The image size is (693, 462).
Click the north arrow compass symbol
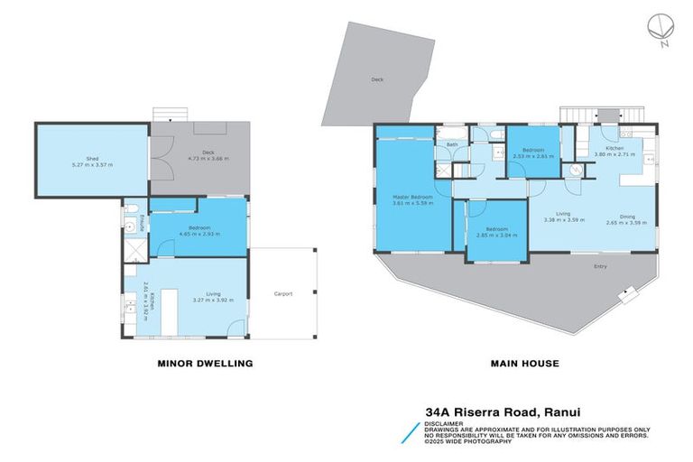660,27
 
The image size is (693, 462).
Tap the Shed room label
92,158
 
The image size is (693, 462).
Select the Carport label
283,293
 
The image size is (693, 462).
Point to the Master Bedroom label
411,197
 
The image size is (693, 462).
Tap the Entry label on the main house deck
600,266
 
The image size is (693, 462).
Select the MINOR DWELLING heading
206,364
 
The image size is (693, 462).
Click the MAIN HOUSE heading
524,364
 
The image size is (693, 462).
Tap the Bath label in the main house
451,144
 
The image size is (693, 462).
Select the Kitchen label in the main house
614,148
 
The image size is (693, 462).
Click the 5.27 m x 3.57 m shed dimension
92,165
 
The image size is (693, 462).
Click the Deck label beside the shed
196,152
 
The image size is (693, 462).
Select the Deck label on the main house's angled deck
376,79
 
